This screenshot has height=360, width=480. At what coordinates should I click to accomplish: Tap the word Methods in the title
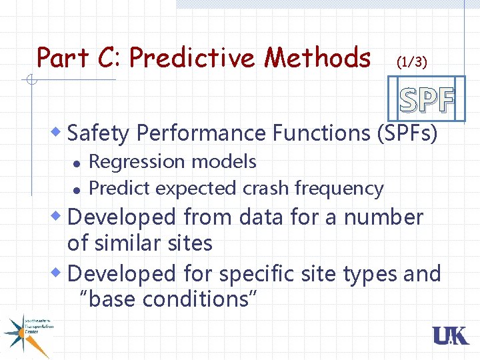(x=317, y=58)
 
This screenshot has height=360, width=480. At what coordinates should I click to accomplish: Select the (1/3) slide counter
(x=411, y=62)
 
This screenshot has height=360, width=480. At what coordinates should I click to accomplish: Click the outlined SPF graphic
(x=427, y=100)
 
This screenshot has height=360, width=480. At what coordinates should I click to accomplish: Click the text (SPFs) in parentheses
(x=407, y=133)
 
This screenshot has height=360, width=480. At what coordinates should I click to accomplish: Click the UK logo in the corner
(x=451, y=336)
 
